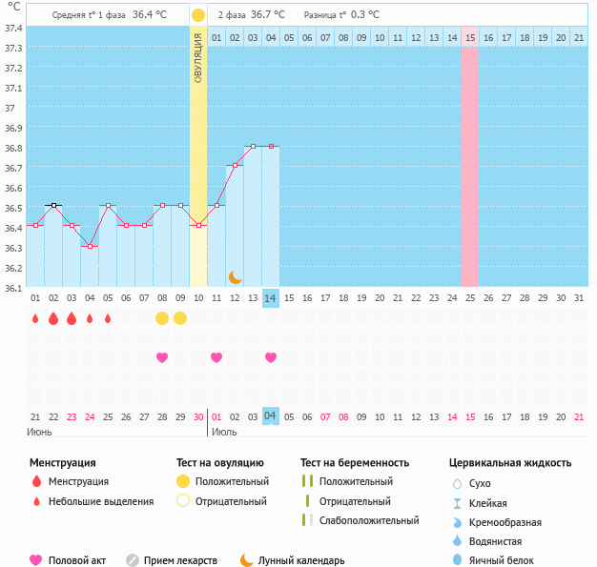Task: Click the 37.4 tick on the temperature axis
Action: coord(13,27)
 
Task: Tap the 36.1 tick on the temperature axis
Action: coord(13,287)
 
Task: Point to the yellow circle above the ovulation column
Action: coord(197,15)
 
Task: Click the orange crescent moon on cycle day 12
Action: coord(235,276)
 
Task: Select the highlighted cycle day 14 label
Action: coord(271,298)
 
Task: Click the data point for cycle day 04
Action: coord(90,246)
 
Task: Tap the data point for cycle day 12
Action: coord(235,166)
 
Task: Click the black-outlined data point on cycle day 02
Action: coord(53,205)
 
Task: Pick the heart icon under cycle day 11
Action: coord(216,357)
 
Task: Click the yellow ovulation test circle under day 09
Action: coord(180,318)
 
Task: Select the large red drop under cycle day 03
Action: coord(72,318)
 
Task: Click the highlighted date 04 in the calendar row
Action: coord(271,416)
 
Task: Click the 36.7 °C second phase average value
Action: coord(268,15)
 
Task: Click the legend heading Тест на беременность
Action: coord(355,463)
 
